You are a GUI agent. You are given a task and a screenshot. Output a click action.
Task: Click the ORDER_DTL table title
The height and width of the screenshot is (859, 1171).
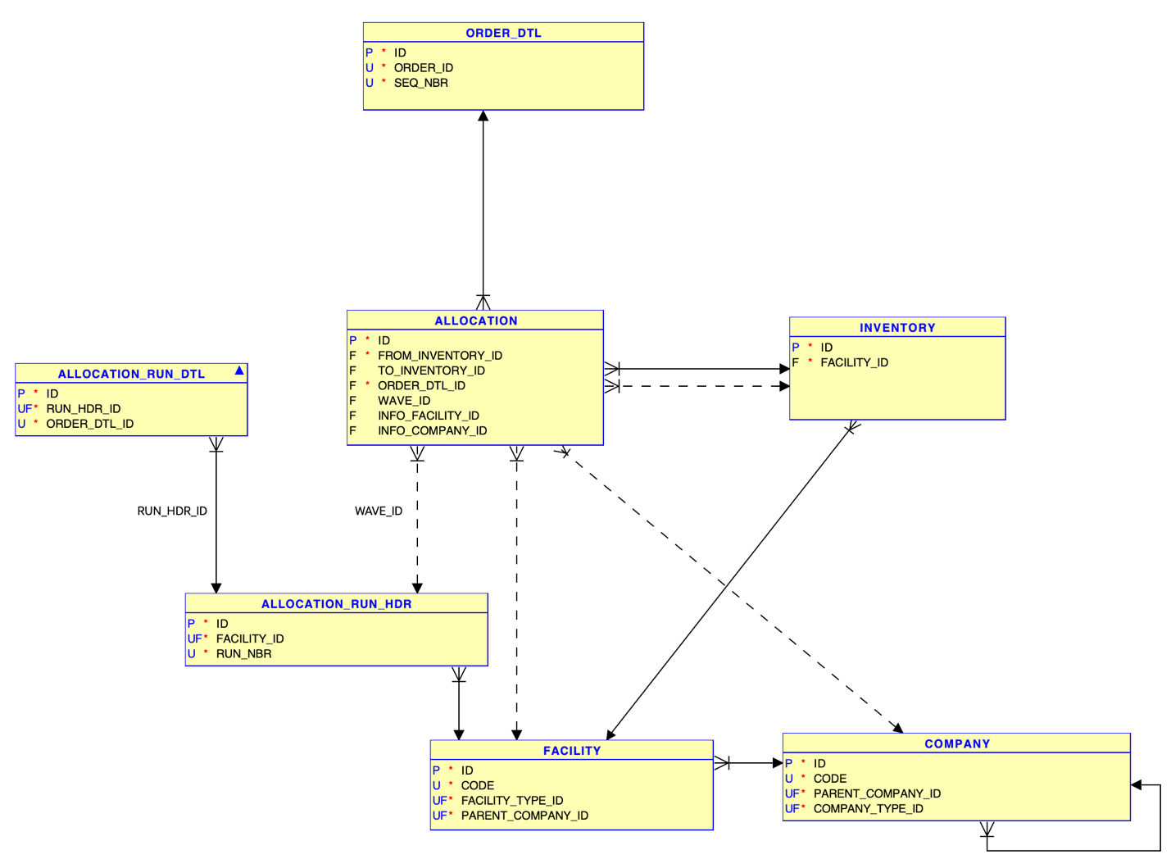point(503,33)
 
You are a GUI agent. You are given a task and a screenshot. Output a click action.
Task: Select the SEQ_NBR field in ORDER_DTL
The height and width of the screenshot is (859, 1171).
point(420,83)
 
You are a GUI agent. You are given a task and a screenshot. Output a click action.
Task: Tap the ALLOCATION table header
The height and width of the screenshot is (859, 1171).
point(475,320)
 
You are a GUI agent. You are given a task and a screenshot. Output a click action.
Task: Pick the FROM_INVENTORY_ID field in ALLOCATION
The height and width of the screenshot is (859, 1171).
point(439,355)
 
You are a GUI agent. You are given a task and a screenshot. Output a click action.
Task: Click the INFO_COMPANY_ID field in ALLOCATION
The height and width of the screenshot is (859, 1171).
point(432,430)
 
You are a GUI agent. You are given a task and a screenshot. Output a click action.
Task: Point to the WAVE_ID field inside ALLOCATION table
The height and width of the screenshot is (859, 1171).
point(403,401)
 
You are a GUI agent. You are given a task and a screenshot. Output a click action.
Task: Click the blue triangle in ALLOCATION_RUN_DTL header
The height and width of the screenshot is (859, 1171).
point(239,371)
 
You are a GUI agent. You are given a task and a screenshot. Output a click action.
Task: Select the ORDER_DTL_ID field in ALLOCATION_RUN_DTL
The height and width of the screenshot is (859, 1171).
point(89,424)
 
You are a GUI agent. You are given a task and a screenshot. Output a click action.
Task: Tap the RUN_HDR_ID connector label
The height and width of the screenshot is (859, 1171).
point(172,511)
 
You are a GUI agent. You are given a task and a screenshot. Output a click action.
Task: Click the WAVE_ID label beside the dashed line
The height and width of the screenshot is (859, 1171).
point(379,511)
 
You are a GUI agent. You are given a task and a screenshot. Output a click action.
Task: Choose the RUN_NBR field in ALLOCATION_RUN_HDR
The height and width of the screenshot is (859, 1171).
point(243,653)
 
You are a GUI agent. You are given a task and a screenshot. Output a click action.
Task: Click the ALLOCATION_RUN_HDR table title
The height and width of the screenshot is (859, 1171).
point(336,603)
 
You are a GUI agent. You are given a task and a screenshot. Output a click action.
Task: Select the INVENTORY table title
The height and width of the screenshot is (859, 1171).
point(897,327)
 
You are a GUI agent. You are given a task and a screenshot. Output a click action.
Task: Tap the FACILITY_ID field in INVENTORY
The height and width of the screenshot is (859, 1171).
point(854,362)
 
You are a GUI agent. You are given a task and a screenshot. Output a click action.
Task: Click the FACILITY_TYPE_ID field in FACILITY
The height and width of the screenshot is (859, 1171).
point(511,800)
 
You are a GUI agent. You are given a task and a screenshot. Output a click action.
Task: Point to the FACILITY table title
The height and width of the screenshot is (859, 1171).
point(572,750)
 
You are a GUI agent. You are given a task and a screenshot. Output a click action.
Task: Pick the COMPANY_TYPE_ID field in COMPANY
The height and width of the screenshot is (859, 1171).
point(868,808)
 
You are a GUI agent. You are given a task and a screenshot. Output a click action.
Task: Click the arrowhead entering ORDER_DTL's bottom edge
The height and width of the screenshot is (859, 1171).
point(483,116)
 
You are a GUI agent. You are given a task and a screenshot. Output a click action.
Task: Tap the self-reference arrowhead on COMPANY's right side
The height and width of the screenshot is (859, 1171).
point(1137,785)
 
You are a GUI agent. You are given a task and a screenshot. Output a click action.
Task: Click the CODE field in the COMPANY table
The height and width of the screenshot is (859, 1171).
point(829,778)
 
